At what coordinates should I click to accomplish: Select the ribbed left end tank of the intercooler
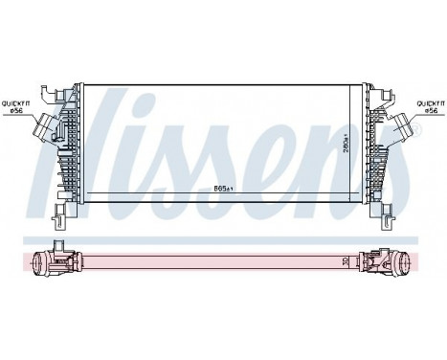tap(71, 148)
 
